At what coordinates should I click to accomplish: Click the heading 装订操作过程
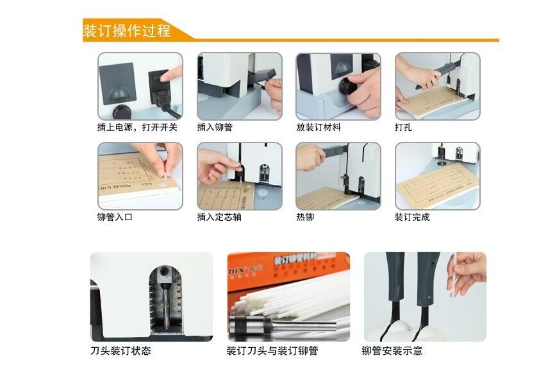point(127,31)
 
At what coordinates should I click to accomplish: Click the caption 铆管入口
point(115,218)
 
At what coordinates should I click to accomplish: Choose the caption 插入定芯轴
point(219,218)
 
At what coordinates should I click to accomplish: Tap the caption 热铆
point(305,218)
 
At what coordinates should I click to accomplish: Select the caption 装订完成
point(412,218)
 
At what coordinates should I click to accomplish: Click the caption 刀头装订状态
point(121,351)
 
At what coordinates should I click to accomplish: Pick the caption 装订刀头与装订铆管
point(272,351)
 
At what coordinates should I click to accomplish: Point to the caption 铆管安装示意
point(392,351)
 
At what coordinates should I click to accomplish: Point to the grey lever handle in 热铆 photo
point(333,151)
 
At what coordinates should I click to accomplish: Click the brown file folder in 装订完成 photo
point(436,185)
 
